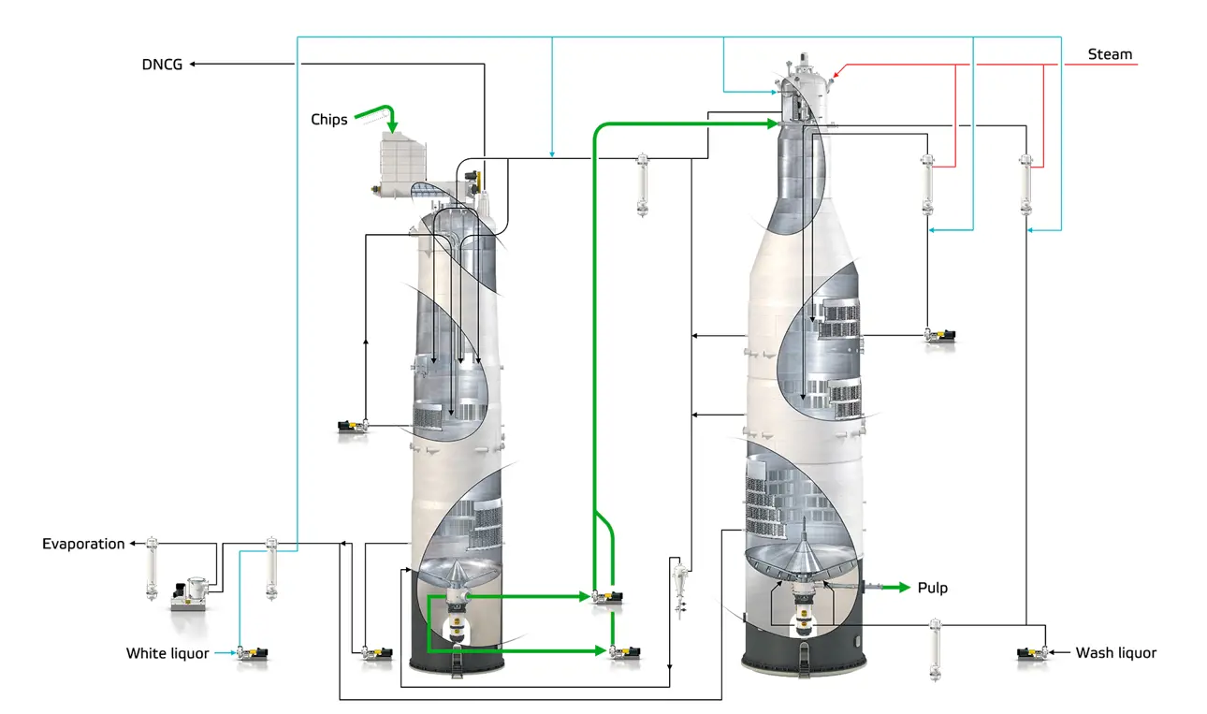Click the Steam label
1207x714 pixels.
(x=1110, y=54)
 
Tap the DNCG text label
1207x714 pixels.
(x=162, y=64)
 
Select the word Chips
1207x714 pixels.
(x=329, y=119)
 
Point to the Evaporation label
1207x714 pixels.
(x=83, y=544)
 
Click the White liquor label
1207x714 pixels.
(x=167, y=653)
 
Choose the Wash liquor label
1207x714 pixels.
(x=1115, y=653)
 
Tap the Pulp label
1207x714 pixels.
(x=932, y=588)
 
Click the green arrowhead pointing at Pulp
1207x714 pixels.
(x=903, y=588)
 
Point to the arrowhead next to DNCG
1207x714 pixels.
(x=193, y=64)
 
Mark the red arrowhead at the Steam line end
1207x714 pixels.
(x=837, y=69)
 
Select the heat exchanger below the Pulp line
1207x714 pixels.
(x=935, y=648)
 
